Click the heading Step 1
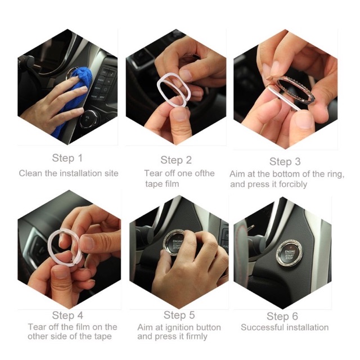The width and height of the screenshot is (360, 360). (x=67, y=158)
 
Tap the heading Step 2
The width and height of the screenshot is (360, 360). (x=176, y=160)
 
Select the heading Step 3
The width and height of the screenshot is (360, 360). (x=285, y=161)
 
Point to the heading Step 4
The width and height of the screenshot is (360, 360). (x=67, y=315)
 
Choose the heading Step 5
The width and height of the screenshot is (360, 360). (x=179, y=315)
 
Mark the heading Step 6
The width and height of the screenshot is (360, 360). (x=282, y=316)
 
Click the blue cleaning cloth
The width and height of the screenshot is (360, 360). (x=73, y=99)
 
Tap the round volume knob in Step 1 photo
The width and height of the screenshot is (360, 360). (x=88, y=119)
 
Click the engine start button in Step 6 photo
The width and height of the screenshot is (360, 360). (x=289, y=253)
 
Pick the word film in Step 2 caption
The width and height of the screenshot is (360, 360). (x=172, y=184)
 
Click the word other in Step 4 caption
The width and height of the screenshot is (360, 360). (x=36, y=336)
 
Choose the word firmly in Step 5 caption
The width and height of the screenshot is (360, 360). (x=196, y=336)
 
